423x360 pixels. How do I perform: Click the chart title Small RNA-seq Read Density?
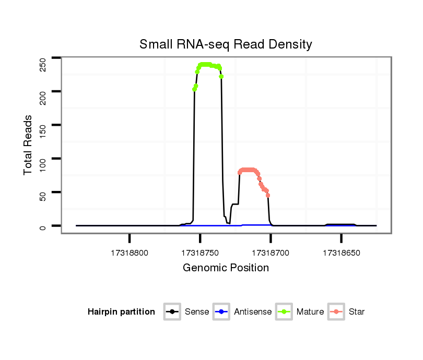coord(226,44)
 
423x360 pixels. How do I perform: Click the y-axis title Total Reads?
coord(29,145)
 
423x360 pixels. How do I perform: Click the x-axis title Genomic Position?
coord(226,268)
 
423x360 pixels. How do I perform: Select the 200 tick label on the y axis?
coord(43,97)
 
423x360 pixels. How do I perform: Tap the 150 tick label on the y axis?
coord(43,130)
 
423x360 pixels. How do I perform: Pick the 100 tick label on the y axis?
coord(43,164)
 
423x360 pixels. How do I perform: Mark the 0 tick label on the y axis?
coord(43,226)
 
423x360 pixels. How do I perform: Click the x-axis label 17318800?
coord(130,253)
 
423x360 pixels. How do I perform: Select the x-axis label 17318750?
coord(200,253)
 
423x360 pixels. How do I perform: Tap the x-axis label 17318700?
coord(271,253)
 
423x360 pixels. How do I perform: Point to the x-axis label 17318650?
coord(341,253)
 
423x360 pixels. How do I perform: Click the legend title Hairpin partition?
coord(121,312)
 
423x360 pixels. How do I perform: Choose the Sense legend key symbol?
coord(172,312)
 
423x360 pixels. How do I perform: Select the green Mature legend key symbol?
coord(284,312)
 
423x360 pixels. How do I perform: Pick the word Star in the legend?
coord(357,312)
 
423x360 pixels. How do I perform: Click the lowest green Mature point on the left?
coord(194,89)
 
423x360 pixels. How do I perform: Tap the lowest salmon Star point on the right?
coord(268,195)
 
